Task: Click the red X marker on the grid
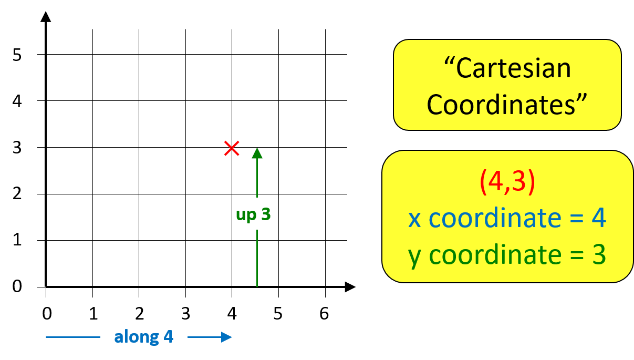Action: (232, 148)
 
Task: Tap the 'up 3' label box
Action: (253, 214)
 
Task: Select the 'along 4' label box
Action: (144, 336)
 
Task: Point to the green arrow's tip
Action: (257, 152)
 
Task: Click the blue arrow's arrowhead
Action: (227, 337)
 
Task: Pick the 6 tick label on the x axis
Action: (324, 314)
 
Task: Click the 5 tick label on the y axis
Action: (18, 55)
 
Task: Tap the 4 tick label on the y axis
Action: (18, 101)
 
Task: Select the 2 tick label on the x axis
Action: (139, 314)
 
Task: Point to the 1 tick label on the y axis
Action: (18, 241)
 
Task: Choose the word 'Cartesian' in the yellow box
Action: (513, 68)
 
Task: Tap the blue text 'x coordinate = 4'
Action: (507, 218)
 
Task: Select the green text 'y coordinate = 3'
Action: (507, 255)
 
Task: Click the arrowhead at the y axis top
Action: (46, 16)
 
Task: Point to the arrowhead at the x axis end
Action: (350, 287)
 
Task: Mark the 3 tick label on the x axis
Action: (185, 314)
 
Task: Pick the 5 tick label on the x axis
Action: (278, 314)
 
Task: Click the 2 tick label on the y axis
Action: (18, 194)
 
